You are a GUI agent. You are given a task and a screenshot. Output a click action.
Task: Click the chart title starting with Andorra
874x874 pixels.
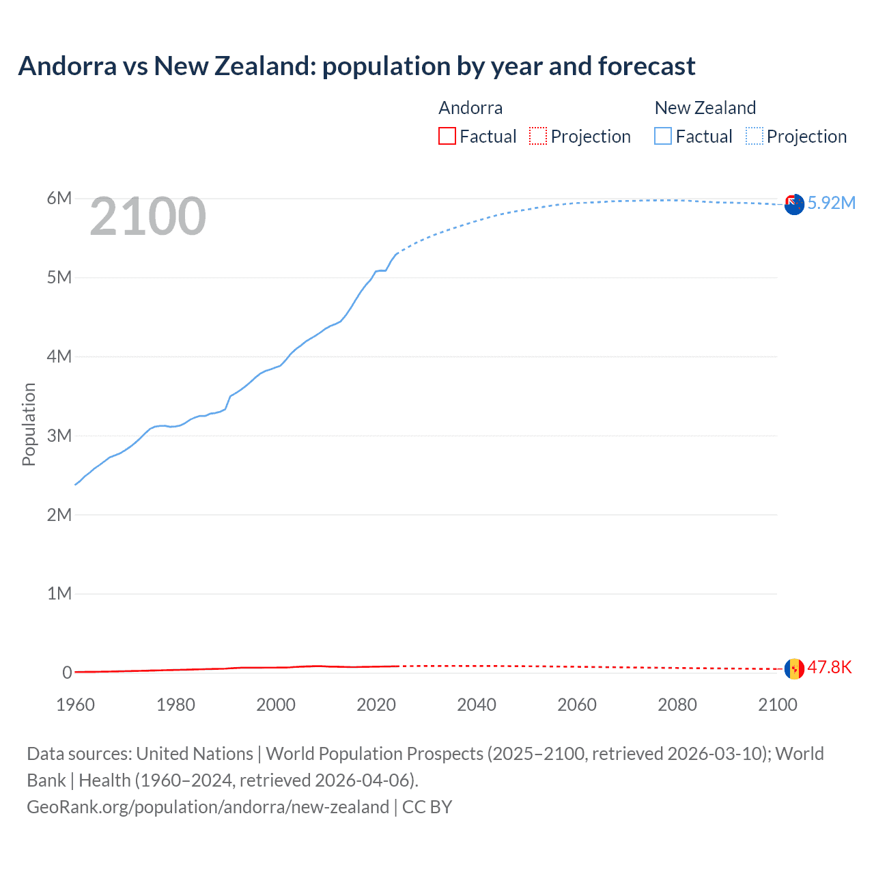click(x=356, y=66)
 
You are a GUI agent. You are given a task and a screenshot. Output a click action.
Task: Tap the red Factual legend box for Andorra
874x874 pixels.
click(x=447, y=136)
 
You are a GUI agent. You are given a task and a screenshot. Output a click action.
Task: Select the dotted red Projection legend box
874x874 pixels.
click(x=538, y=136)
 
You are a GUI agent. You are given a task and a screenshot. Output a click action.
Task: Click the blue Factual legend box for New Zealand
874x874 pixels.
click(x=662, y=136)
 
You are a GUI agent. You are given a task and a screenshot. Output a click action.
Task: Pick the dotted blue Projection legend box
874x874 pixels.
click(x=754, y=136)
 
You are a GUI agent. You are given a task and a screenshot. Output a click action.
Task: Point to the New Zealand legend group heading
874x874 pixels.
click(x=705, y=108)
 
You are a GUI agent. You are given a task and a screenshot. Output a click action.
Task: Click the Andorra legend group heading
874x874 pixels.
click(x=470, y=108)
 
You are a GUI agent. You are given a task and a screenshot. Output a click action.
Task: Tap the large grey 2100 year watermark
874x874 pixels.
click(x=147, y=216)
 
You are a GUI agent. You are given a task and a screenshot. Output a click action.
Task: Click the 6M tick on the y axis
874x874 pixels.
click(x=59, y=198)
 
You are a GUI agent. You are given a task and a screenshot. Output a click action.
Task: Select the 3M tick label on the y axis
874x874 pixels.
click(x=59, y=436)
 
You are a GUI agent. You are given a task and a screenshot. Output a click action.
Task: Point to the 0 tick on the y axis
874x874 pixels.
click(x=67, y=673)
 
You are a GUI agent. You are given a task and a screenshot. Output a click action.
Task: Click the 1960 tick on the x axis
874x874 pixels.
click(x=75, y=705)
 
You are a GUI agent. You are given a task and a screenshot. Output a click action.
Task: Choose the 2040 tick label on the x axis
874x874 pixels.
click(x=477, y=705)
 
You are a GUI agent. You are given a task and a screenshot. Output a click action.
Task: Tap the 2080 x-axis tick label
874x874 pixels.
click(x=677, y=705)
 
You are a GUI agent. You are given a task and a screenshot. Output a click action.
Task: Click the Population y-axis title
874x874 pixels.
click(x=29, y=424)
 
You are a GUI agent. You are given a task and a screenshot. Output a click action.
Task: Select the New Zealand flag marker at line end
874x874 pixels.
click(x=794, y=204)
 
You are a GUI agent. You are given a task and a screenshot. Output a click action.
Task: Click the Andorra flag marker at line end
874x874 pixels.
click(x=794, y=668)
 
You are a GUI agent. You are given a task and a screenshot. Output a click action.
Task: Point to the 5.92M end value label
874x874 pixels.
click(x=831, y=203)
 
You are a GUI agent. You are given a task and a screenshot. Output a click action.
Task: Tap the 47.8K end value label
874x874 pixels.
click(x=830, y=667)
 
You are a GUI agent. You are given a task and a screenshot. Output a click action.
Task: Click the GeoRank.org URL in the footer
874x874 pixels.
click(x=208, y=807)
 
